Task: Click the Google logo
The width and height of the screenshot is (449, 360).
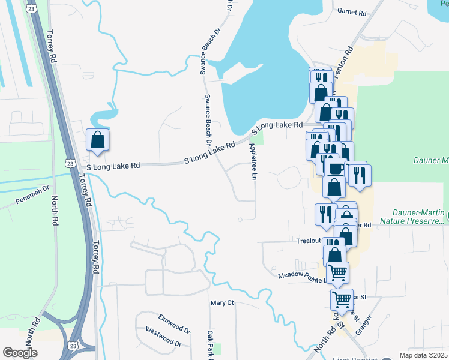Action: (20, 353)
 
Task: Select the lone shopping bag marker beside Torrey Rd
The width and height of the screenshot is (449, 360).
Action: (97, 141)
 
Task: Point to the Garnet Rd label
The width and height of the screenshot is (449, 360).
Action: (352, 11)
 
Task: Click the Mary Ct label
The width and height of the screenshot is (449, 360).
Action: (221, 303)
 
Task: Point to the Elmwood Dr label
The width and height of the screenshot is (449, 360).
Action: (174, 318)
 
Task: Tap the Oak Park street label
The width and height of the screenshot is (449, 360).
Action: (210, 345)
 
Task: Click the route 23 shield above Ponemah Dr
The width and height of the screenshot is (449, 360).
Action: (70, 163)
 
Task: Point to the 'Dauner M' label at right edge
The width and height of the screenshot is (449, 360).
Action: (432, 160)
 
